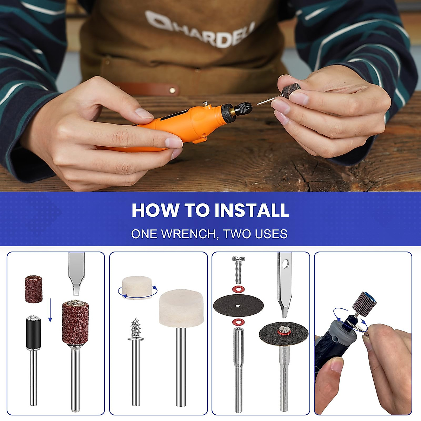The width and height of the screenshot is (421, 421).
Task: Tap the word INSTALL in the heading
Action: click(x=252, y=210)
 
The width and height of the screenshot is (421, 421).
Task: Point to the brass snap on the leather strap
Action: click(x=172, y=91)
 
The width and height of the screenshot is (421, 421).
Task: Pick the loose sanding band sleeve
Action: click(x=34, y=289)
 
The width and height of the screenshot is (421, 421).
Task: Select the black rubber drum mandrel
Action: click(x=34, y=332)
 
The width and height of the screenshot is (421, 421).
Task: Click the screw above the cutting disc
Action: click(x=238, y=269)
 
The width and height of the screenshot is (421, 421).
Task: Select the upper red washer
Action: click(x=238, y=289)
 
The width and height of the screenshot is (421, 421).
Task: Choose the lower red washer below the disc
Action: click(x=238, y=322)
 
